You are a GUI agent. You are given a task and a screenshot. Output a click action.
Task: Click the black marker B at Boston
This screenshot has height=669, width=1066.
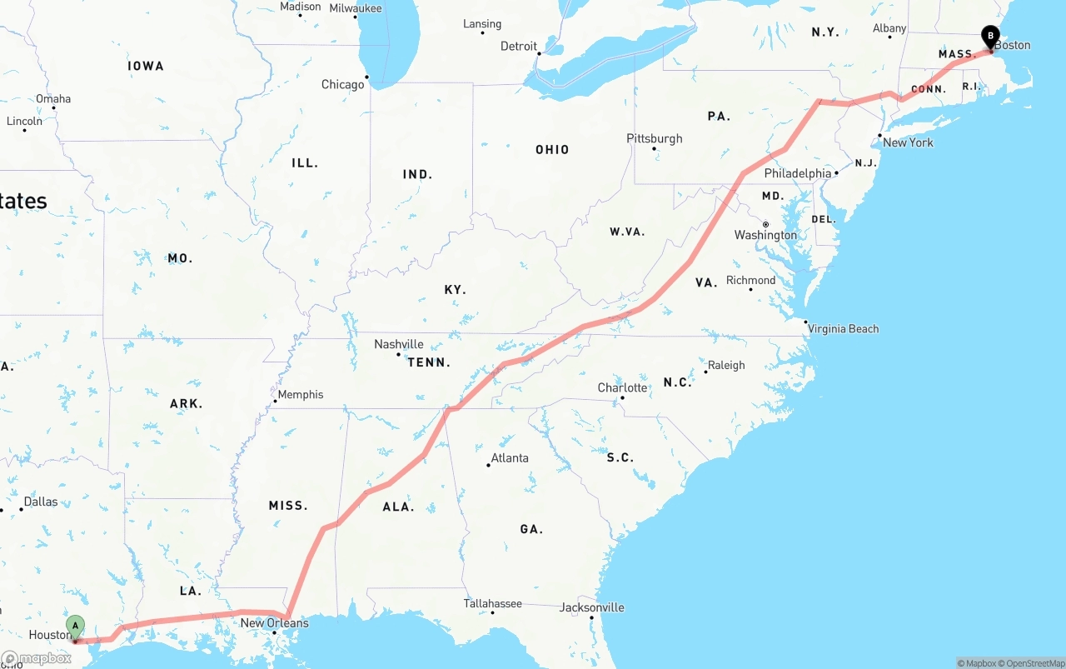click(990, 37)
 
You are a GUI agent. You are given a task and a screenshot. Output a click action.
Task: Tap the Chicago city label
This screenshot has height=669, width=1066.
click(342, 84)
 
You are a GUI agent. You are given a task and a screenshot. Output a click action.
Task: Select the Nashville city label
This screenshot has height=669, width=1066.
click(398, 344)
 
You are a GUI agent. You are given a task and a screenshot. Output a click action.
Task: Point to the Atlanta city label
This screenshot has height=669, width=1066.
click(509, 457)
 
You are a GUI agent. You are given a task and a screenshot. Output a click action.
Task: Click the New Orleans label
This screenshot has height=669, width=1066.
click(274, 622)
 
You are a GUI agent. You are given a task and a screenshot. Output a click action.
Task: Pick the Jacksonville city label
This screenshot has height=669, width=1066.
click(591, 607)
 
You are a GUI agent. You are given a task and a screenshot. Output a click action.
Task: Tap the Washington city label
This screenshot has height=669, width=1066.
click(765, 235)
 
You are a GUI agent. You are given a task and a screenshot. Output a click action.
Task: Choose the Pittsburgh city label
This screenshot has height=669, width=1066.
click(655, 138)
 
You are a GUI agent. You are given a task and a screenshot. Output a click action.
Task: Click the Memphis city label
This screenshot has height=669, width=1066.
click(300, 394)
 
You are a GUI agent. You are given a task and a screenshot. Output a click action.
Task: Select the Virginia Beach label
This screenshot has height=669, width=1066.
click(843, 328)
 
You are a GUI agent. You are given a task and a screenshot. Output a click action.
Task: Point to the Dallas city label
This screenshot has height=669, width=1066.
click(41, 502)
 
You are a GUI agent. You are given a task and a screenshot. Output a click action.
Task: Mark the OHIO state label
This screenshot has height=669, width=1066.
click(552, 150)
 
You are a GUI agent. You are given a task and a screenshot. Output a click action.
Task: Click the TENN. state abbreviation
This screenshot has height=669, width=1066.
click(429, 362)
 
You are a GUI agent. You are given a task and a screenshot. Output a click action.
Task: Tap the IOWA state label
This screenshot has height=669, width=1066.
click(146, 66)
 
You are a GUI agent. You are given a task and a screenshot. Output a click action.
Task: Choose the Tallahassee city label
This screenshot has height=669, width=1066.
click(492, 603)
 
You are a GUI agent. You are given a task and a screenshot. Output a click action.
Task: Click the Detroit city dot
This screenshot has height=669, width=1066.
click(539, 54)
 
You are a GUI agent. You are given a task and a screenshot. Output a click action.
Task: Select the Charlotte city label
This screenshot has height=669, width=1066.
click(622, 387)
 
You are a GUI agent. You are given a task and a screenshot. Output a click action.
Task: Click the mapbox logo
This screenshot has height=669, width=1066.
click(37, 658)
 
